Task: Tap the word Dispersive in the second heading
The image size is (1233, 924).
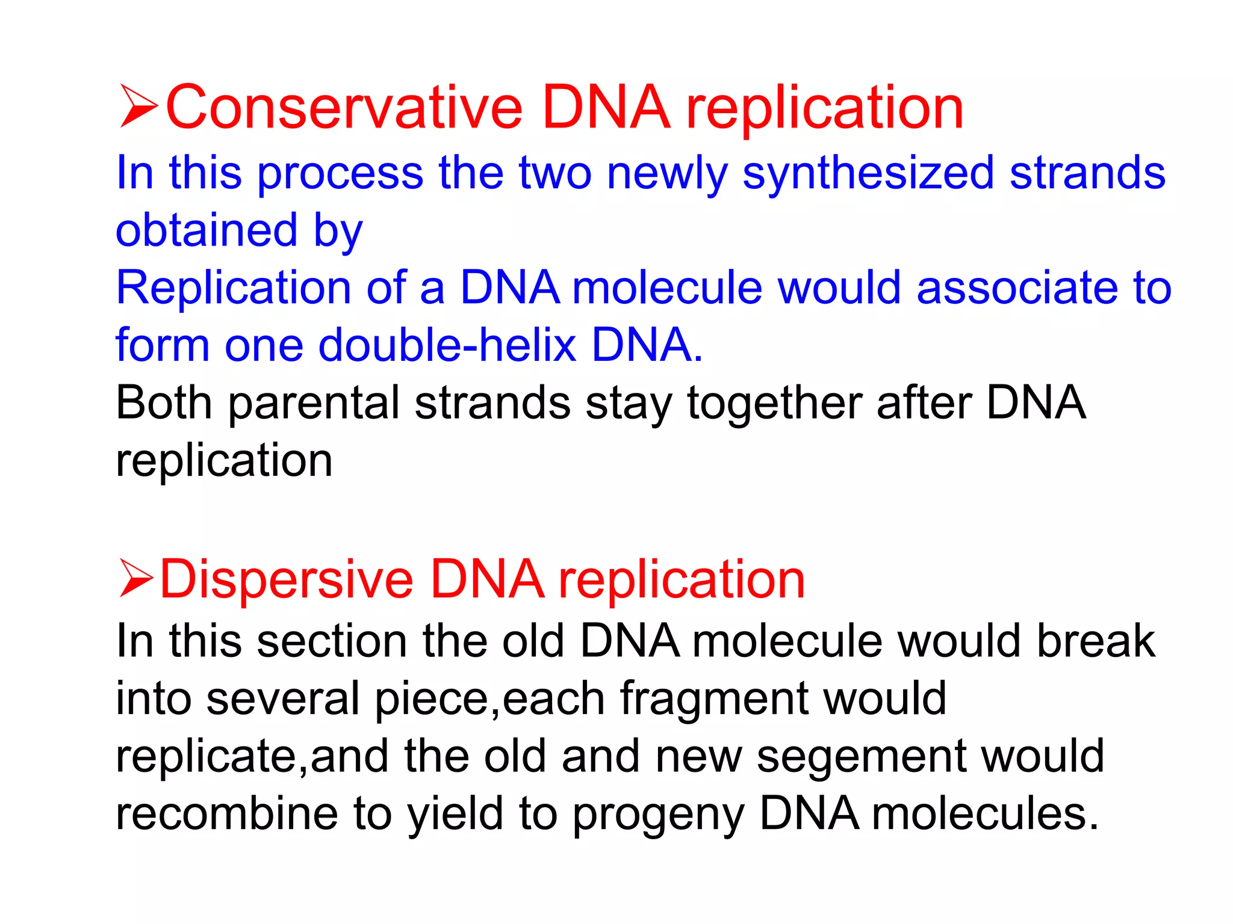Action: coord(287,579)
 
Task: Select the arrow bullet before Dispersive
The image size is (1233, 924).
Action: coord(137,579)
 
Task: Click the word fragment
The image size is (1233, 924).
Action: coord(714,699)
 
